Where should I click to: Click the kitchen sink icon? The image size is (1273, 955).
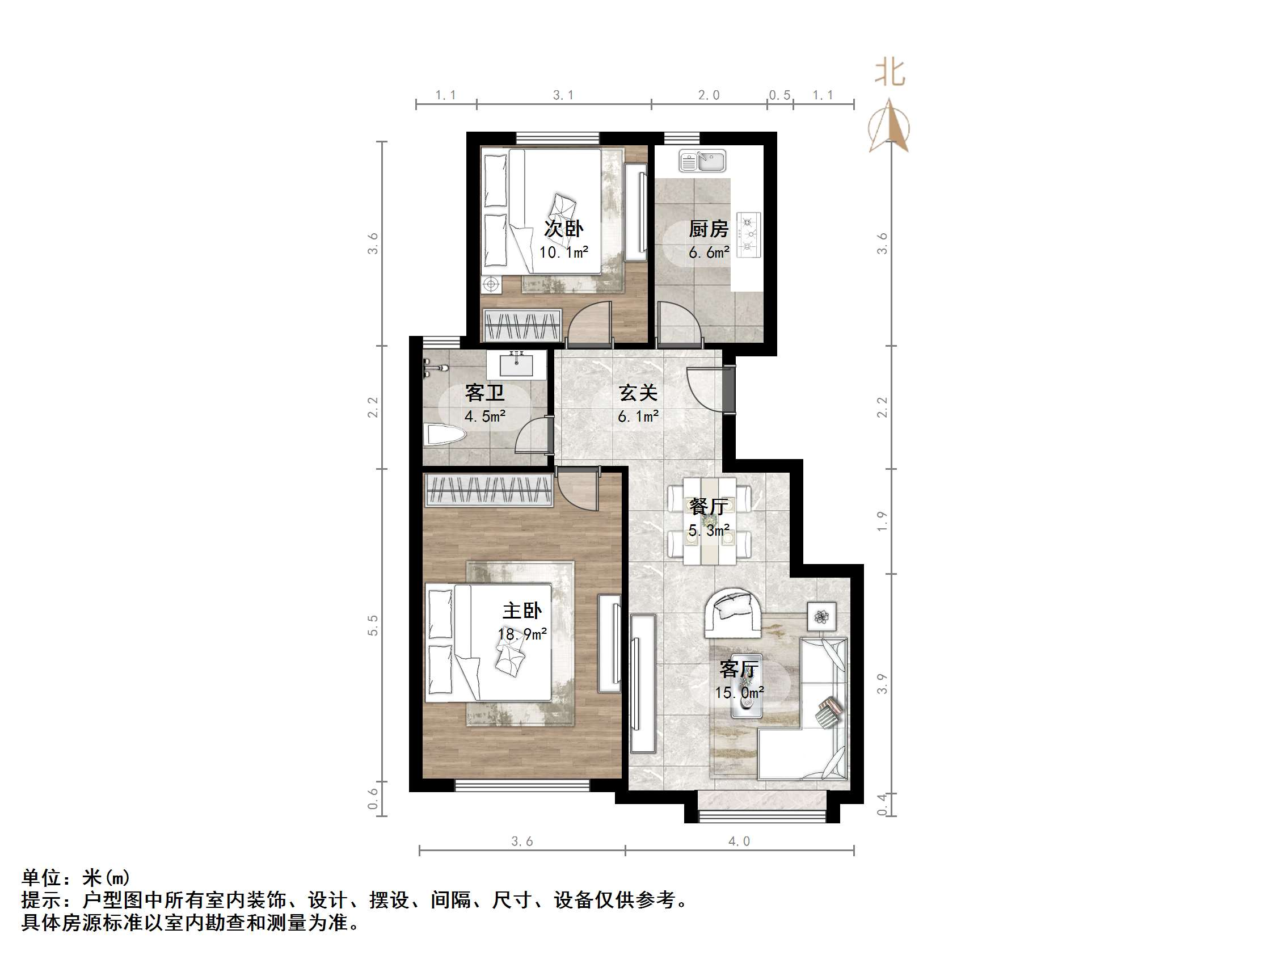[702, 161]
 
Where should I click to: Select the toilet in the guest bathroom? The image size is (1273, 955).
[444, 435]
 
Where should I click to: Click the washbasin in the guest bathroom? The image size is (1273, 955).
[516, 365]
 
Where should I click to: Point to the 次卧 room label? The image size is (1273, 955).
[563, 229]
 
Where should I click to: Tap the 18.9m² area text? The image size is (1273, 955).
[522, 634]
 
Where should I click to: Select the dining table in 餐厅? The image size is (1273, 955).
[709, 521]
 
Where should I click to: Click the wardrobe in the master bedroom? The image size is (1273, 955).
[488, 490]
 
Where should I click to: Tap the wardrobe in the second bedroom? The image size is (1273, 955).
[522, 325]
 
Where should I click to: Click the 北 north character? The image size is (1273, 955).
[890, 73]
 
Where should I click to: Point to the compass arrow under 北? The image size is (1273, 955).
[889, 127]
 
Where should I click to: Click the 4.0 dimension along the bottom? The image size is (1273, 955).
[739, 842]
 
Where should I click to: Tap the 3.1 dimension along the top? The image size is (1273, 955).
[563, 95]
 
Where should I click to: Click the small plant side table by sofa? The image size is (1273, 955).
[821, 616]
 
